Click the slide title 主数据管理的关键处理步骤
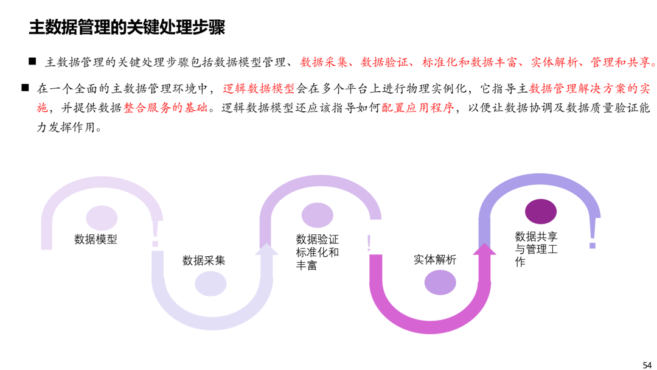coord(127,27)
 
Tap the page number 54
coord(647,365)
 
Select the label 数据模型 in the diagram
coord(96,239)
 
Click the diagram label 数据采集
coord(204,260)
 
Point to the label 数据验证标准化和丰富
coord(317,253)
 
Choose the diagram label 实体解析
coord(435,260)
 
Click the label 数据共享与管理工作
coord(537,249)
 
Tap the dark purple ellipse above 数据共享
coord(541,211)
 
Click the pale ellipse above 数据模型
coord(102,218)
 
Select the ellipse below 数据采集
coord(210,284)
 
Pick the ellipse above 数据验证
coord(317,215)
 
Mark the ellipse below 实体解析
coord(440,282)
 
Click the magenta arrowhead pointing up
coord(484,250)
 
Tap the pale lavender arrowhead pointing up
coord(266,250)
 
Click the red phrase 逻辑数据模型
coord(259,88)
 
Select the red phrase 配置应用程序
coord(418,108)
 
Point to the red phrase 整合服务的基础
coord(165,108)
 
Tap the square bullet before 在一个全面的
coord(25,88)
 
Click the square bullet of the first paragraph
coord(32,61)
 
